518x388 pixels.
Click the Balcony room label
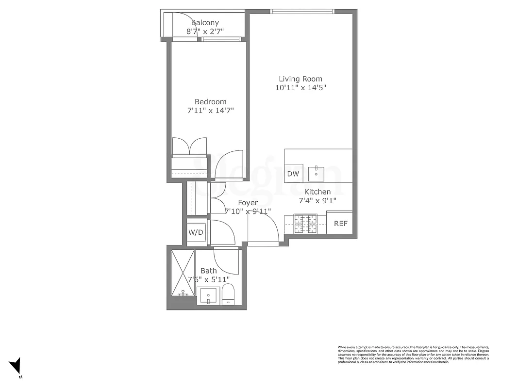coord(205,23)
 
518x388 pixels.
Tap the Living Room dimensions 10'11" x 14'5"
coord(300,88)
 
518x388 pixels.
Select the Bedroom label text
coord(210,102)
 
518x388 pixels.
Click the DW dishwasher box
coord(293,174)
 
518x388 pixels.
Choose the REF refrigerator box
coord(340,224)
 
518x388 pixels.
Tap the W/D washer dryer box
coord(196,232)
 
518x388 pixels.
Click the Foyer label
coord(248,203)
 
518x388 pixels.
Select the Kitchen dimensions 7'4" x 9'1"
coord(317,200)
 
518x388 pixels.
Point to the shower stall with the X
coord(181,273)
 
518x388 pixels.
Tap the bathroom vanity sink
coord(209,295)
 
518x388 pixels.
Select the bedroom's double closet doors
coord(190,146)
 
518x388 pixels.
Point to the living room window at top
coord(302,12)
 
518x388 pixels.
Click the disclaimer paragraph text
coord(413,355)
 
